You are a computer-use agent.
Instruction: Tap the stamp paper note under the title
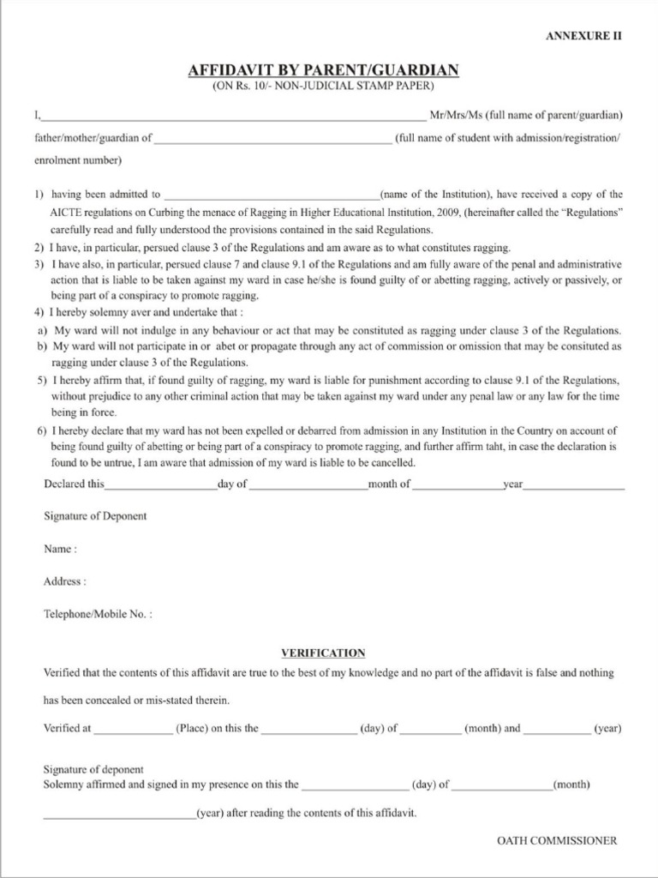point(323,86)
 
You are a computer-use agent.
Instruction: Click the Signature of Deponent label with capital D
point(94,516)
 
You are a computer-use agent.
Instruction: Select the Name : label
point(60,549)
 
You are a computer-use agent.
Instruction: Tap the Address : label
point(64,581)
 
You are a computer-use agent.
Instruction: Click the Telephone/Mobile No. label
point(98,614)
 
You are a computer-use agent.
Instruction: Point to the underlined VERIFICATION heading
point(323,652)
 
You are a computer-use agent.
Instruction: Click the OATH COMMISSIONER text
point(556,841)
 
